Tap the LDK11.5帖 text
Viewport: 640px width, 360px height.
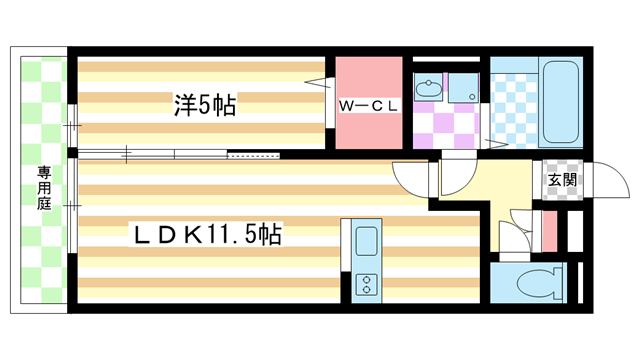pyautogui.click(x=207, y=236)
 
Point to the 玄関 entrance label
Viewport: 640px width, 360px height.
pyautogui.click(x=561, y=180)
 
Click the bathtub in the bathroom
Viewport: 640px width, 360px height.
pyautogui.click(x=563, y=104)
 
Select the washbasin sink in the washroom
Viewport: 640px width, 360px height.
pyautogui.click(x=430, y=89)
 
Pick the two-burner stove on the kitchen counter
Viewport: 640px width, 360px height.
pyautogui.click(x=365, y=284)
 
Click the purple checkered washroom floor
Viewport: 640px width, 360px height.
pyautogui.click(x=440, y=125)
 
